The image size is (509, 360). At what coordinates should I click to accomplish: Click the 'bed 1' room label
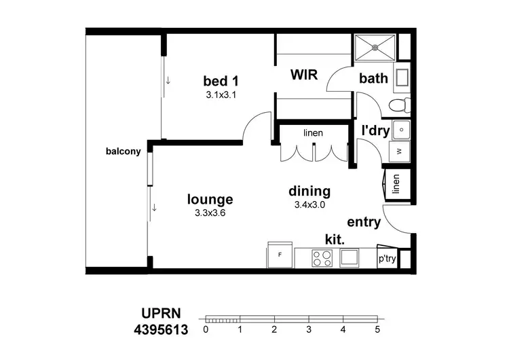click(221, 82)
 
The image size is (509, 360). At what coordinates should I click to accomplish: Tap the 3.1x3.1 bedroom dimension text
click(221, 96)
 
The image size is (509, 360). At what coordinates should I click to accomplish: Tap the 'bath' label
click(373, 78)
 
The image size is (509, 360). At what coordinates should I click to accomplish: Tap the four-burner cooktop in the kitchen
click(321, 257)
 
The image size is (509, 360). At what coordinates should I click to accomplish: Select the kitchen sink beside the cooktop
click(350, 257)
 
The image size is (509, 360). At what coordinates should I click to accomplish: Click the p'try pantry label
click(387, 259)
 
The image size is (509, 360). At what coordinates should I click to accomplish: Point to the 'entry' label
click(364, 222)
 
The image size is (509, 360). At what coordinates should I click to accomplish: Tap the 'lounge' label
click(210, 199)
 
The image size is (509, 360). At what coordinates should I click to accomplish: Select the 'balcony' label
click(123, 151)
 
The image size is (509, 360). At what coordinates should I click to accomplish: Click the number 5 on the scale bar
click(377, 329)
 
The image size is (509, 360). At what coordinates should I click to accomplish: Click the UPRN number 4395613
click(161, 330)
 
